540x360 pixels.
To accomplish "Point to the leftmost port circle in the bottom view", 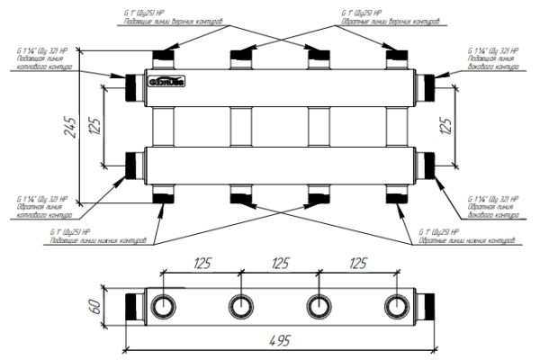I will point(165,304).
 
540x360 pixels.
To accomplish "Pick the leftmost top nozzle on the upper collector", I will point(165,59).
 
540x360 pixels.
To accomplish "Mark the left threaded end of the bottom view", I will point(132,304).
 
